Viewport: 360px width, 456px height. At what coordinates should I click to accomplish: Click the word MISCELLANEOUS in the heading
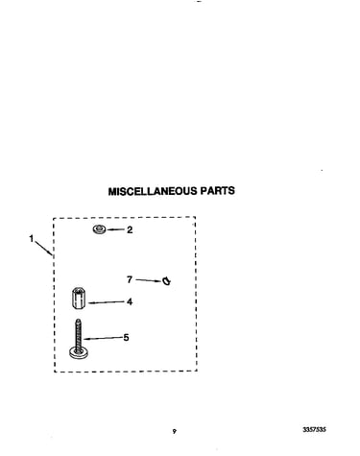[153, 191]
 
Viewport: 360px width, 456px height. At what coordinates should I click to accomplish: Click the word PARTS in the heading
[218, 191]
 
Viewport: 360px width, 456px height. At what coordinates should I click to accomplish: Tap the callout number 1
[32, 239]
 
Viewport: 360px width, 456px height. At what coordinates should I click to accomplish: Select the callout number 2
[130, 229]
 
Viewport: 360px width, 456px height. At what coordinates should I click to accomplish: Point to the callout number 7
[130, 279]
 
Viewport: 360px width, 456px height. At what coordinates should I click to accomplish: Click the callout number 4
[130, 301]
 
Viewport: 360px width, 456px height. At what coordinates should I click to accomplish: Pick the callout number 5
[126, 338]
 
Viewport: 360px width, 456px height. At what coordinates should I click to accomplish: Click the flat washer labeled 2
[100, 229]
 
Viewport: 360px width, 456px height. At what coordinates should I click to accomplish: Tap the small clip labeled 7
[166, 281]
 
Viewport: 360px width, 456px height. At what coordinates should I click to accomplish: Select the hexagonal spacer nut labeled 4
[78, 299]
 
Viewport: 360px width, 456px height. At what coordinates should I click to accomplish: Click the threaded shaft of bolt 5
[78, 333]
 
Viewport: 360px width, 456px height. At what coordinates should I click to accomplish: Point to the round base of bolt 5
[79, 353]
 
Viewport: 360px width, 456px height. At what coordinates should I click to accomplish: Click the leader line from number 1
[43, 249]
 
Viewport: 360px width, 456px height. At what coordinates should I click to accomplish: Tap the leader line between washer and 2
[115, 229]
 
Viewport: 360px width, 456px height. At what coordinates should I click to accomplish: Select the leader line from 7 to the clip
[148, 280]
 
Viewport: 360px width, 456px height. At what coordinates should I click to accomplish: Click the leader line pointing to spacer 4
[107, 302]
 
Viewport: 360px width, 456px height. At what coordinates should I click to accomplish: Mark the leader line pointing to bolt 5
[103, 338]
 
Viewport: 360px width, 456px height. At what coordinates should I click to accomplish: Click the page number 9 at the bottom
[175, 431]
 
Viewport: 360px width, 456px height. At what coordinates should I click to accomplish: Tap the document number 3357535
[314, 429]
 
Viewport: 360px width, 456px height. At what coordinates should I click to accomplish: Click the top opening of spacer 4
[78, 290]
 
